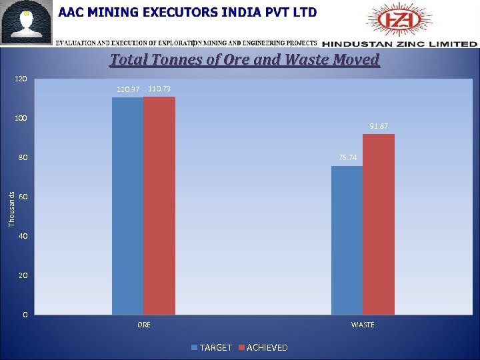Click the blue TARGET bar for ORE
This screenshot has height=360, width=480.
127,206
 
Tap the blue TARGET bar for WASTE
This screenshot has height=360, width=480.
347,240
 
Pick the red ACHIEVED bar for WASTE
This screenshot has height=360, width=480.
379,224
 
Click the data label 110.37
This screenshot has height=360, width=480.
128,89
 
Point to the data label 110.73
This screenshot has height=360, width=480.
159,89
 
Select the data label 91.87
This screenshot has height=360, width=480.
379,126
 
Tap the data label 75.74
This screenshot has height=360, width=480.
347,157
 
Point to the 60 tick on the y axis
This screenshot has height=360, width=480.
23,197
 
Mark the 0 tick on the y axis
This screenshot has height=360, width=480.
25,315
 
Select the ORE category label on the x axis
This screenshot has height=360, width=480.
143,325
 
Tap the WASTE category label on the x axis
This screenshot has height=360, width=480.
363,325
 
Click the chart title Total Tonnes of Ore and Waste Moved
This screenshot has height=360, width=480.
245,60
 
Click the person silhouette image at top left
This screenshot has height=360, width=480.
27,22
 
